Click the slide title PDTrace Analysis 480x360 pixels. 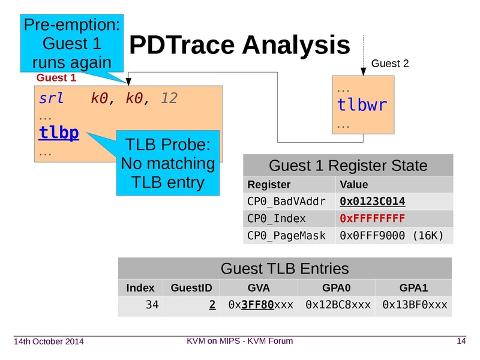[x=239, y=45]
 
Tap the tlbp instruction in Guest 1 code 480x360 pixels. [x=59, y=132]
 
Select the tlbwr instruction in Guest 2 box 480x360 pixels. [x=362, y=106]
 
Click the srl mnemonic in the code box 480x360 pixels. [x=51, y=98]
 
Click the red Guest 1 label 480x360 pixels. [x=56, y=78]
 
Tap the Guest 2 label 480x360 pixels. [x=390, y=64]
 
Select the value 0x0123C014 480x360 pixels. [x=372, y=201]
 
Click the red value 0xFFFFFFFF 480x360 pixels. [x=372, y=218]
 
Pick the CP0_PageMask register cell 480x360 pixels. [x=286, y=235]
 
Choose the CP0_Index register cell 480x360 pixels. [x=277, y=218]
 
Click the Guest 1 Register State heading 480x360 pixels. [x=348, y=166]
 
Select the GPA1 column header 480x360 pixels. [x=414, y=288]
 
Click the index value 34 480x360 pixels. [x=152, y=305]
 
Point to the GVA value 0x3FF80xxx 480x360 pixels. [x=260, y=305]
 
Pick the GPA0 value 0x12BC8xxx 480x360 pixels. [x=338, y=305]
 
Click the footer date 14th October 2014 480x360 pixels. [x=49, y=342]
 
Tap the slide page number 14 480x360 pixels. [x=461, y=341]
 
